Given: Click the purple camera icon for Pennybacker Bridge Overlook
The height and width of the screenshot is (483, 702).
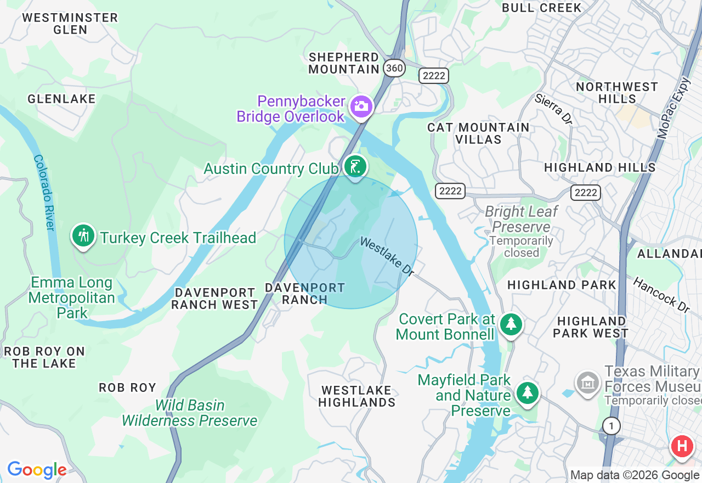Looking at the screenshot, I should point(361,105).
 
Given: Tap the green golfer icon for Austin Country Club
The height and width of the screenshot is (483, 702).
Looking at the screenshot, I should point(355,166).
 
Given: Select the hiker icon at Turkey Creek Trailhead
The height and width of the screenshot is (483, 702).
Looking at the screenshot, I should point(83,237).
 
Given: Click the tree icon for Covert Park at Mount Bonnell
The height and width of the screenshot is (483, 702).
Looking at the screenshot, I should point(511,324).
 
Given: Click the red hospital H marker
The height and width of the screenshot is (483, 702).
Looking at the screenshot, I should point(682,446).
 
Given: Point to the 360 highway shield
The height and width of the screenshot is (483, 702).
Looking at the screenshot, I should point(394,68).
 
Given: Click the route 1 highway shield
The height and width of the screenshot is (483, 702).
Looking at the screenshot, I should point(611,425).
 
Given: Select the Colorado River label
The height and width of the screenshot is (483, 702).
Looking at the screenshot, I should point(44,192).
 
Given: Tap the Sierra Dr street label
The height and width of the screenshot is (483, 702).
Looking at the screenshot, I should point(553,109).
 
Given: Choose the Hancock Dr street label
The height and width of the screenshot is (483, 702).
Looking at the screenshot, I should point(661,295).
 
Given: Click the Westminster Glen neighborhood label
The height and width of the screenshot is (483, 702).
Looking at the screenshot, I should point(70,24).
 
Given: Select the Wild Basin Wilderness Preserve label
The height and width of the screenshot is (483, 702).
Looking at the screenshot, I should point(189,413).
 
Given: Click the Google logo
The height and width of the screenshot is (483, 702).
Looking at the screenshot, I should point(37,470).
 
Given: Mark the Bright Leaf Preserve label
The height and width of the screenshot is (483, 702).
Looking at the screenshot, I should point(521,219).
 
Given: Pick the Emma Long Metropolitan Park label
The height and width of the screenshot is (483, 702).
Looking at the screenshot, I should point(72,297).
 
